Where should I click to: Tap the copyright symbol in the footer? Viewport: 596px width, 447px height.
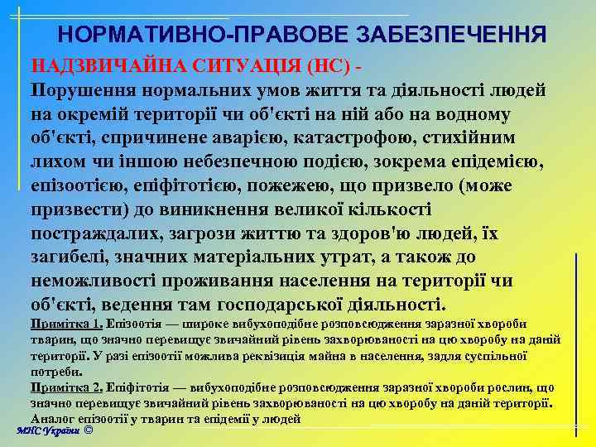click(x=88, y=430)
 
